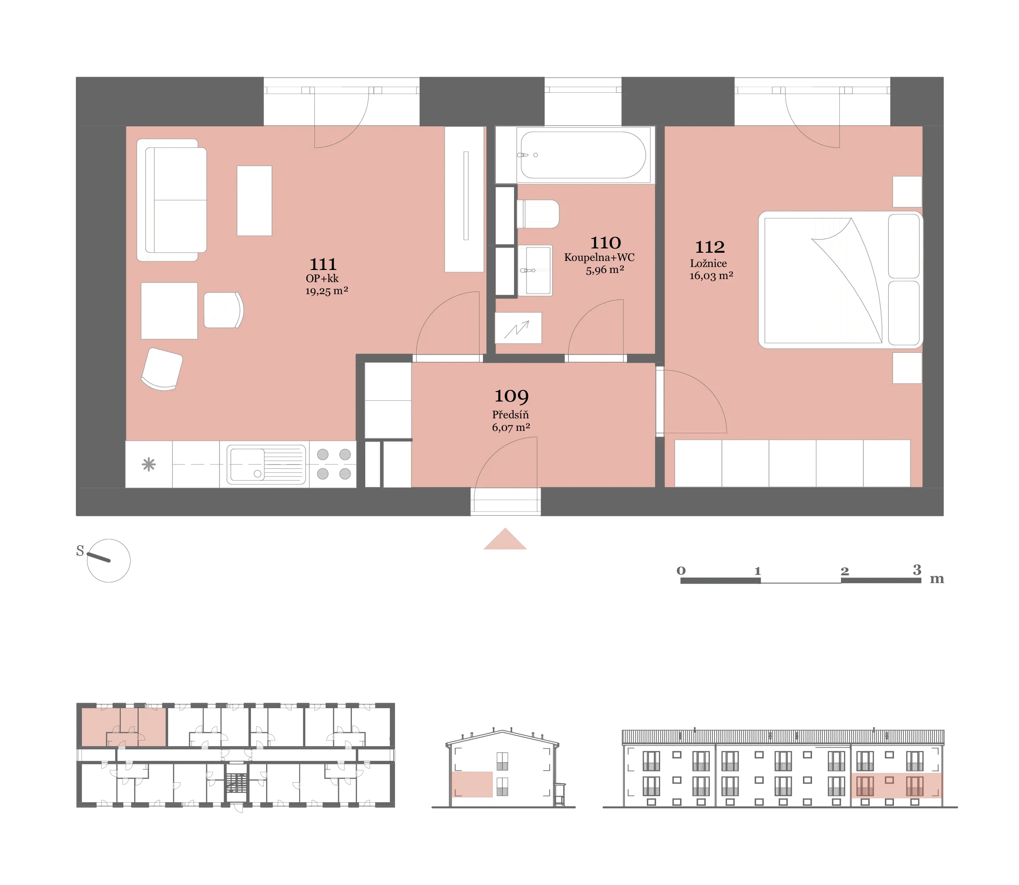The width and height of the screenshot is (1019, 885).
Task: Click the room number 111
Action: pos(323,264)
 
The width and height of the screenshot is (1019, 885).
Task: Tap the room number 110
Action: pos(605,243)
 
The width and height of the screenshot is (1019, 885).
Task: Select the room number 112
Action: pos(709,247)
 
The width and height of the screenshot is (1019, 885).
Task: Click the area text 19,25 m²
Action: pos(326,291)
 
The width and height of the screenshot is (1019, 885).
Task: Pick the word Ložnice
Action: pos(709,264)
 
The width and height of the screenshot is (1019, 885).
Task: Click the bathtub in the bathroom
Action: pos(583,154)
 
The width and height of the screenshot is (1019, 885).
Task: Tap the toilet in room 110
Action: pos(538,214)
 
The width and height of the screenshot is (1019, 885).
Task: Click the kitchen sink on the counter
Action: pos(266,464)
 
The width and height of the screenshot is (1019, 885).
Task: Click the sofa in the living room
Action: pos(171,200)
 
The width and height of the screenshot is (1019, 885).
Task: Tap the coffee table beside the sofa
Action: pos(254,201)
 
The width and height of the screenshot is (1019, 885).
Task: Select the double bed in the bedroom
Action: pos(840,280)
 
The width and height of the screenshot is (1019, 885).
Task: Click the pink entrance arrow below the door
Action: pos(505,539)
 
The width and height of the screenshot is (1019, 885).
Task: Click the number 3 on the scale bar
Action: pos(917,570)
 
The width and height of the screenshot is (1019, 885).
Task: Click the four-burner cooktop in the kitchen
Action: pos(334,464)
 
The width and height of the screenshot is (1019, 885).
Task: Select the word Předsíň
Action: pos(511,415)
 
